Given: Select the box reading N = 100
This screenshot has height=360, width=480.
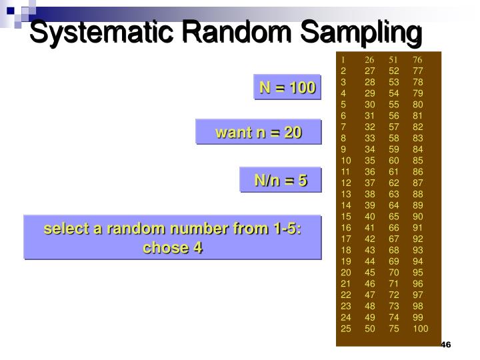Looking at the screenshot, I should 287,87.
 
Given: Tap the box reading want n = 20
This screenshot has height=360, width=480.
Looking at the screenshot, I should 258,133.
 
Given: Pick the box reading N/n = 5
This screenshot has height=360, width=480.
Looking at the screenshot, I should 280,180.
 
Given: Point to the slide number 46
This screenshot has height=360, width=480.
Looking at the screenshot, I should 446,345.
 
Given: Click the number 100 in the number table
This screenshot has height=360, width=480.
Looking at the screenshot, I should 420,329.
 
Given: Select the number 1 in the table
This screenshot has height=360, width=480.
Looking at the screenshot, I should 343,60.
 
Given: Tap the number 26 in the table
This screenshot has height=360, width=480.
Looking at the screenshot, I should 369,60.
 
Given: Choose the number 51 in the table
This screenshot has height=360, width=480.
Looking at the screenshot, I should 393,60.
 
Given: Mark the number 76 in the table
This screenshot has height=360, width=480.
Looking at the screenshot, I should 417,60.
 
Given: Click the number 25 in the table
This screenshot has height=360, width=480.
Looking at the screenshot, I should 345,329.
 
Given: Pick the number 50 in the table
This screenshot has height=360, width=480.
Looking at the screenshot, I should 369,329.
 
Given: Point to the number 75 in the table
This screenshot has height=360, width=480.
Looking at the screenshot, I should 393,329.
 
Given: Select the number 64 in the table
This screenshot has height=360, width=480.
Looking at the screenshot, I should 393,205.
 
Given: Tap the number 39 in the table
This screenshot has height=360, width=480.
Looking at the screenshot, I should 369,205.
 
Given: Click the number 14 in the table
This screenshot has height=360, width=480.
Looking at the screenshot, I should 345,205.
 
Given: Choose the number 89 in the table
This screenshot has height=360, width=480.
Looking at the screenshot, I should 417,205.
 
